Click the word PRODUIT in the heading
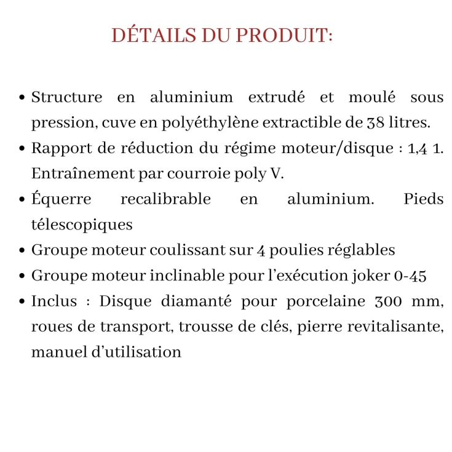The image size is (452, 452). (x=285, y=35)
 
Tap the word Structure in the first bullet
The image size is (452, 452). (x=66, y=97)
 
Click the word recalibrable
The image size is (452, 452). (x=165, y=199)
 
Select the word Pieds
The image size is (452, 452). (x=423, y=199)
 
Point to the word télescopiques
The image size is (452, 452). (x=82, y=225)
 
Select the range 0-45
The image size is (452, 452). (x=409, y=276)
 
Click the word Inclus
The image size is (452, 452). (x=54, y=301)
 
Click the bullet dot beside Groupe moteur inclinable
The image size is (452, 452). (x=22, y=277)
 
